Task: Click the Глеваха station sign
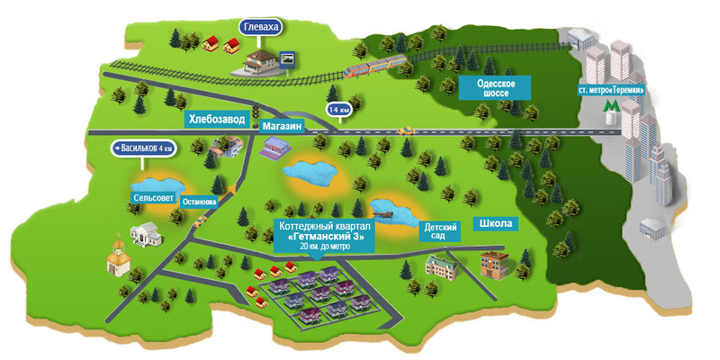[262, 28]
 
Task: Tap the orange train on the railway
[374, 63]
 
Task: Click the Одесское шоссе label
[491, 86]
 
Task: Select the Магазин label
[283, 127]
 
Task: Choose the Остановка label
[199, 202]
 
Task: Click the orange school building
[494, 262]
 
